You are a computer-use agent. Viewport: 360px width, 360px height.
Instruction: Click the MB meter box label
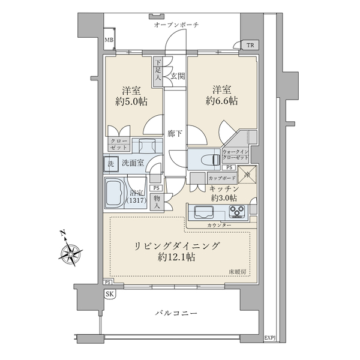109,41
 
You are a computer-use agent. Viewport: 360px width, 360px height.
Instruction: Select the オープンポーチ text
176,25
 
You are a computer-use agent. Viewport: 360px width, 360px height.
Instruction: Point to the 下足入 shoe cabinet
158,70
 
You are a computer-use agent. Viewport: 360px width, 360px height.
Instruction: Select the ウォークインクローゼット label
236,155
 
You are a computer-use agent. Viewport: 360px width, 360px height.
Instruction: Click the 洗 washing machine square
110,163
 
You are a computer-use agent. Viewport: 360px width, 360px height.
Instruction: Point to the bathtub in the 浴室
118,192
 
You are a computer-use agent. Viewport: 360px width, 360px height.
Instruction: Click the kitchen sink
202,212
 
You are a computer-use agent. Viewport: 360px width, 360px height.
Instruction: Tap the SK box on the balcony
109,293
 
